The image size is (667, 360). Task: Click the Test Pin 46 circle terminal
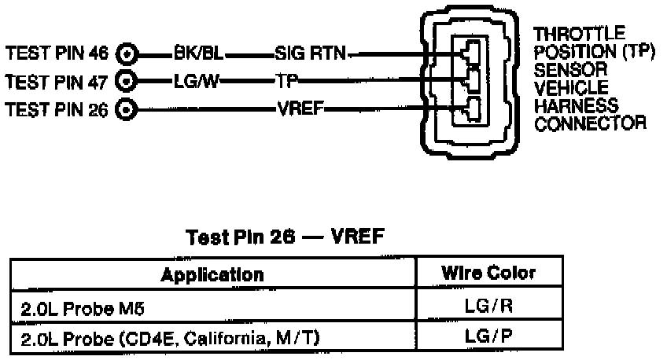point(127,54)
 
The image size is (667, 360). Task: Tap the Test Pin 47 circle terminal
point(127,80)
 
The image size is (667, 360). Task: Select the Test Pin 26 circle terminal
point(127,108)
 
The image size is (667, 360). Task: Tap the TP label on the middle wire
point(285,80)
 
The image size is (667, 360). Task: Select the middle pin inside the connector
point(472,79)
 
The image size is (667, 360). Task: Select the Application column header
point(212,274)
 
